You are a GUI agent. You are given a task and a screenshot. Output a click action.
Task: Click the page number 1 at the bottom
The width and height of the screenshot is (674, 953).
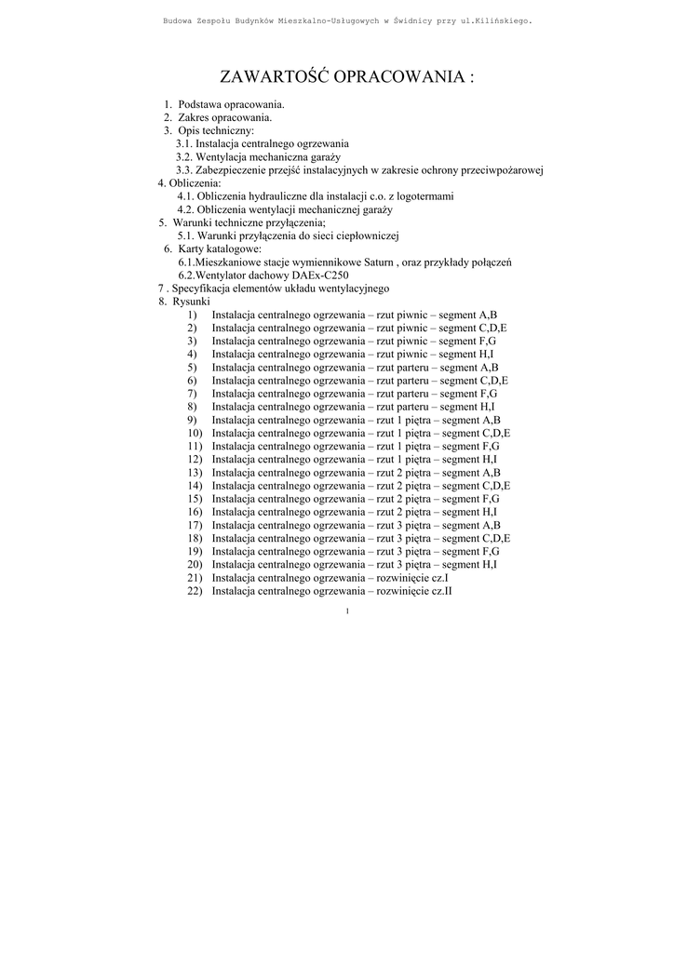tap(346, 611)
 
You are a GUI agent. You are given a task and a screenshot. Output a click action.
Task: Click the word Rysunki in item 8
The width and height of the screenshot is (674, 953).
tap(191, 302)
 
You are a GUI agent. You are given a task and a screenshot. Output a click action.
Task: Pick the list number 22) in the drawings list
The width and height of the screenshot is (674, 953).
tap(195, 590)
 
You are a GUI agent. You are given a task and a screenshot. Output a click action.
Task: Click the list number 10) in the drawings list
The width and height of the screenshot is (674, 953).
tap(195, 433)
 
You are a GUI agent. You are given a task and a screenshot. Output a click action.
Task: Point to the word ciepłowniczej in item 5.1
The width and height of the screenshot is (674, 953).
tap(367, 236)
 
